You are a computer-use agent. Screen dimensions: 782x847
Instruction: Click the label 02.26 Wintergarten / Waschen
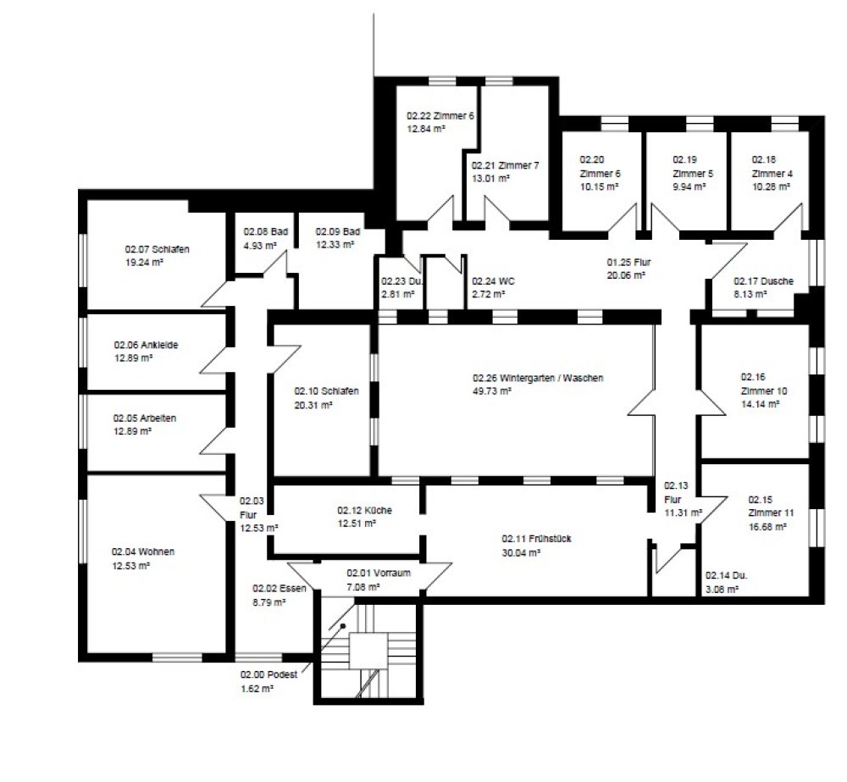click(x=538, y=378)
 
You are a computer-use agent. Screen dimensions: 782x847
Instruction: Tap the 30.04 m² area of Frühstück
click(x=521, y=552)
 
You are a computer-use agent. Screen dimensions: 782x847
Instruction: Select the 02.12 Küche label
click(x=364, y=510)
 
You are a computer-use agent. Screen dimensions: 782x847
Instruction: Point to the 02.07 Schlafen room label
click(x=157, y=249)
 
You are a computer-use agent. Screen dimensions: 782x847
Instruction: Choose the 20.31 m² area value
click(x=313, y=405)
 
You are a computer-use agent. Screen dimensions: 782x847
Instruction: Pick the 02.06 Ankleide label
click(x=146, y=346)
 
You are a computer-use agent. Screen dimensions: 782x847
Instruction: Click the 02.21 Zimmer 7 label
click(x=505, y=165)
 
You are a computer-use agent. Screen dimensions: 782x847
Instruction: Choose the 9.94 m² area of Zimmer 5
click(x=689, y=186)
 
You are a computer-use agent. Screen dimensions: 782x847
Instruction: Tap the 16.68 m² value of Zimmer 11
click(x=767, y=526)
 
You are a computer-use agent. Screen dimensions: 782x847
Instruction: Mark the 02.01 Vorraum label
click(x=379, y=573)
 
